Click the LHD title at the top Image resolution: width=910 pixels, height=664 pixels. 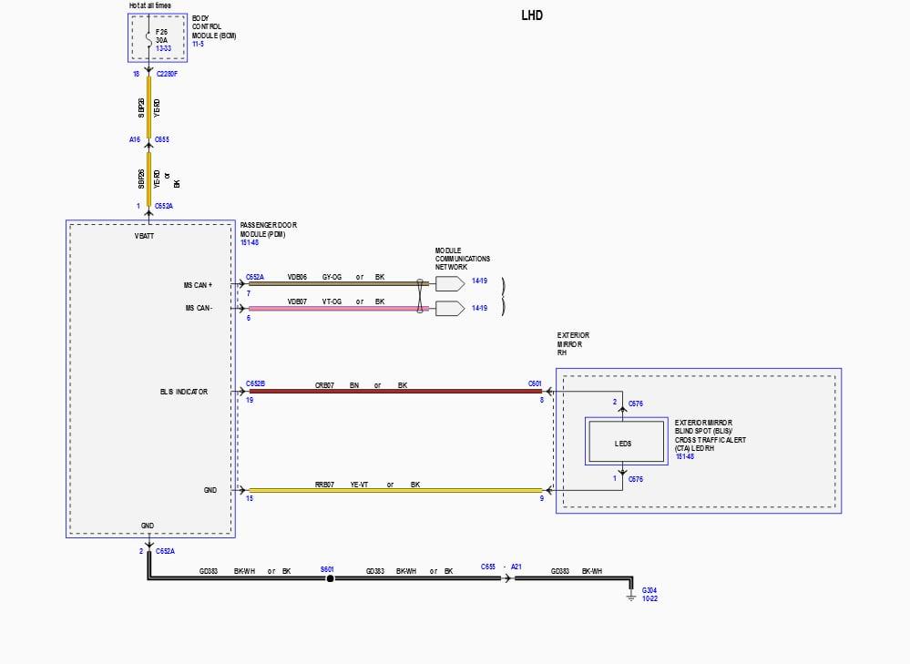tap(532, 15)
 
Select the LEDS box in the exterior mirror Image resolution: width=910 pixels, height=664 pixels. tap(623, 444)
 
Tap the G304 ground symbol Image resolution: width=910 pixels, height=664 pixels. tap(630, 598)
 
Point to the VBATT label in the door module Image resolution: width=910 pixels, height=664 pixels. tap(144, 236)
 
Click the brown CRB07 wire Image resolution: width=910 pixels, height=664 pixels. tap(392, 392)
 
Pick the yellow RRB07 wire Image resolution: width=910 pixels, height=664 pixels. tap(392, 490)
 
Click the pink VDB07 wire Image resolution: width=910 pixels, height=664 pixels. tap(337, 308)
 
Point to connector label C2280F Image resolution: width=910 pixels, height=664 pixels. tap(167, 73)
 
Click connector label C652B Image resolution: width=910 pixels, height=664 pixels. tap(255, 383)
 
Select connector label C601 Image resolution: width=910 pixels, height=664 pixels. tap(535, 383)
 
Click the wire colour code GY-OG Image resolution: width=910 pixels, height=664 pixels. tap(332, 276)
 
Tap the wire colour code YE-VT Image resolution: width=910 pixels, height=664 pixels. tap(359, 485)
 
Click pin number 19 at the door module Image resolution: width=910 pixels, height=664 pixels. tap(249, 400)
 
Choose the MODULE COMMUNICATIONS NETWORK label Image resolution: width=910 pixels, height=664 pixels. tap(462, 259)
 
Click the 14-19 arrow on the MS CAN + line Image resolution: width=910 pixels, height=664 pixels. tap(450, 283)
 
